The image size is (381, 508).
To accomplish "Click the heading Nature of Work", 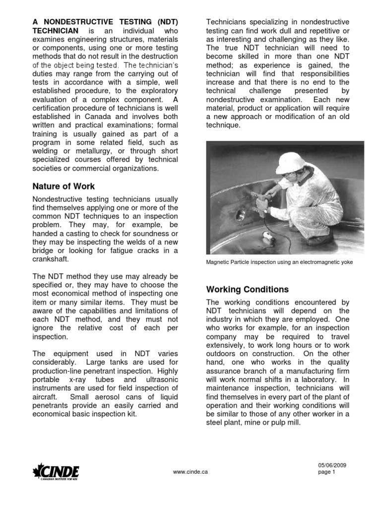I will point(64,187).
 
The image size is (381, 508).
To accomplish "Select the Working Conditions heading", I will point(247,289).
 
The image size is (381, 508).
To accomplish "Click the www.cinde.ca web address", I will point(190,472).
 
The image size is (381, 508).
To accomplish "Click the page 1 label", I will point(326,472).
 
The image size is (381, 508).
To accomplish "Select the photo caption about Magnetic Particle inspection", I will point(279,262).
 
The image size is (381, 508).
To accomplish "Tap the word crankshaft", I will point(51,259).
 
